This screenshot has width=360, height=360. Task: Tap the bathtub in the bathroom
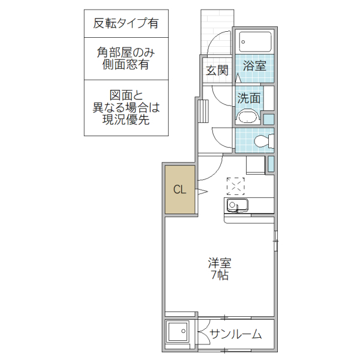(x=255, y=41)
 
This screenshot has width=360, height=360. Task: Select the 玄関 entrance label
(x=217, y=70)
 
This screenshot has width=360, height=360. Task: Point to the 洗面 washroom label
(x=248, y=98)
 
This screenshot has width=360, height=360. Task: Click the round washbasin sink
(x=248, y=116)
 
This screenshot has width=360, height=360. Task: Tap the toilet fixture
(x=262, y=141)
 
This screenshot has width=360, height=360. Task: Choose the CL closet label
(x=180, y=190)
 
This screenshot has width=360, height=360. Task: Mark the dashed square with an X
(x=236, y=186)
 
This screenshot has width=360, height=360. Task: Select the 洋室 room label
(x=220, y=263)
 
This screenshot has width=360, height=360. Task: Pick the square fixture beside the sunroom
(x=178, y=333)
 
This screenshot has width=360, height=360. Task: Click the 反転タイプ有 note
(x=125, y=23)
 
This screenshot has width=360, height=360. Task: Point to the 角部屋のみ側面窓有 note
(x=125, y=58)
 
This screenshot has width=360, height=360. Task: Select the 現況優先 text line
(x=125, y=119)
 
